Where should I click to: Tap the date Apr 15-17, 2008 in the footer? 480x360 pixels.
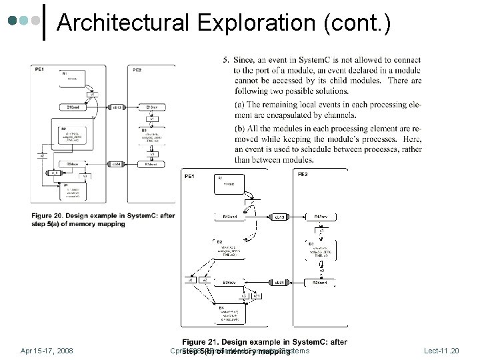pos(47,350)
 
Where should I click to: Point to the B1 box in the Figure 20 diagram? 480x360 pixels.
pos(75,77)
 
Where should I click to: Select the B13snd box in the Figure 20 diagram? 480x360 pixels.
pos(73,107)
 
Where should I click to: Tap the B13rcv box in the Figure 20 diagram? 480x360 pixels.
pos(153,107)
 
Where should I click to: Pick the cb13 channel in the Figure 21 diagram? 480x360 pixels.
pos(280,217)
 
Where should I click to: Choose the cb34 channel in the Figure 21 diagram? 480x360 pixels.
pos(280,283)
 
